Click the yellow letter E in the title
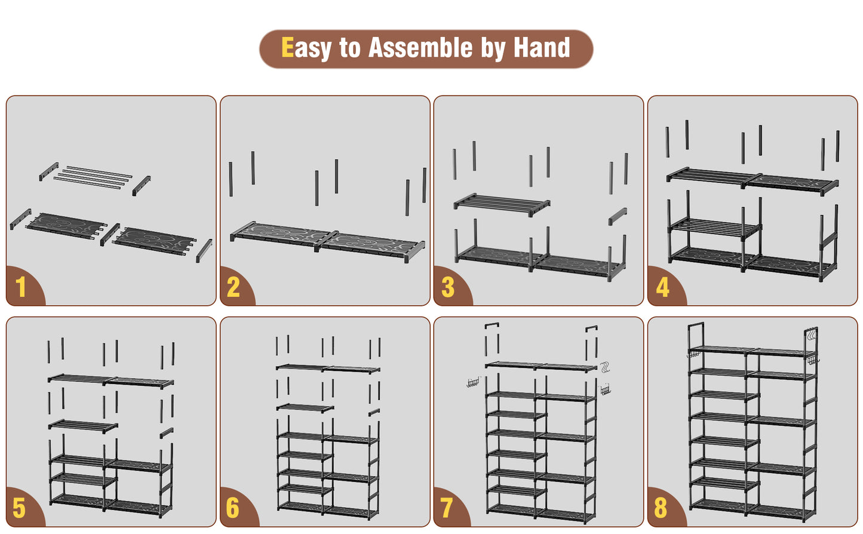coord(287,47)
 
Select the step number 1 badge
coord(21,287)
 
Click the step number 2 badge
coord(234,287)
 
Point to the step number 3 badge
coord(448,287)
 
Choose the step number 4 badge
coord(662,287)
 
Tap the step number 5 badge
coord(19,508)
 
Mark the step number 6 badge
coord(233,508)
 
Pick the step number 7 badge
coord(447,508)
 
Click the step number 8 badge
coord(661,508)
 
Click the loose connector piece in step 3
coord(618,216)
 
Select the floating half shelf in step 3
coord(502,205)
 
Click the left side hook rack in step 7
coord(474,383)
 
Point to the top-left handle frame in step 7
coord(492,324)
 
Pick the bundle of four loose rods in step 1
coord(93,177)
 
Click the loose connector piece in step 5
coord(167,432)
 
